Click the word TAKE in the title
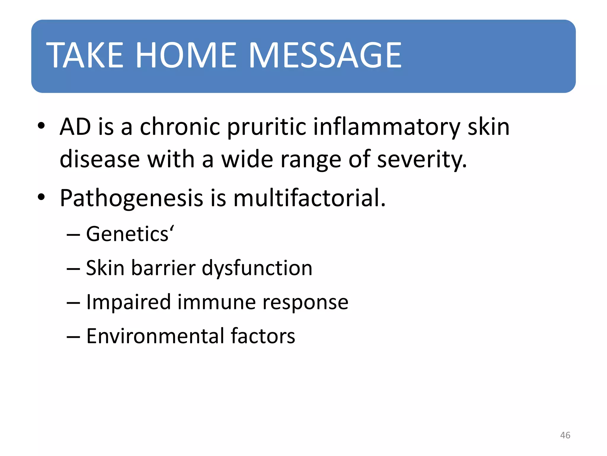[x=84, y=56]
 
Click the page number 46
[x=565, y=435]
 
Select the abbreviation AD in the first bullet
[x=75, y=127]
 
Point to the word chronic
[x=180, y=127]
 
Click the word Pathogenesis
[x=131, y=198]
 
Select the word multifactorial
[x=309, y=198]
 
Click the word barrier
[x=163, y=268]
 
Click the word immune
[x=216, y=302]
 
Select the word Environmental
[x=155, y=336]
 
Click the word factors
[x=263, y=336]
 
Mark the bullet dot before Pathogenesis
[x=41, y=197]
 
